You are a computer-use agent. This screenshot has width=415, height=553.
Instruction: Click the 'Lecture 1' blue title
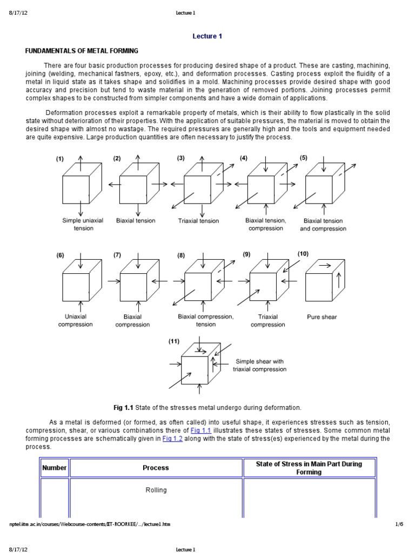(207, 37)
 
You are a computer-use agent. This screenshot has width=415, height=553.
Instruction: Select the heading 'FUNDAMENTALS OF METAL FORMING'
(82, 51)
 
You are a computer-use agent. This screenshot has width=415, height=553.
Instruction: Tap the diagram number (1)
(59, 159)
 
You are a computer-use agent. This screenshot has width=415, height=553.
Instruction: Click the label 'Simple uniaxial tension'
(83, 224)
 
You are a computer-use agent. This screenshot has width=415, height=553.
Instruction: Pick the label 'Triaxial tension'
(199, 221)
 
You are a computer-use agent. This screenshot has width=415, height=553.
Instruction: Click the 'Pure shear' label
(322, 317)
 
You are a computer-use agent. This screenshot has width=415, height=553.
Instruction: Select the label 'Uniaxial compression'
(76, 321)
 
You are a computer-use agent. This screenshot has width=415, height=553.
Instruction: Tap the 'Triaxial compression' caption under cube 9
(267, 321)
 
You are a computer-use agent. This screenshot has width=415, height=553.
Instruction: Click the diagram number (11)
(174, 341)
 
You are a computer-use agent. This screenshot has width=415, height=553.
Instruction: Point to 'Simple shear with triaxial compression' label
(259, 366)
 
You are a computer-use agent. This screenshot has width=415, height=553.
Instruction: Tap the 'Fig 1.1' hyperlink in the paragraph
(201, 430)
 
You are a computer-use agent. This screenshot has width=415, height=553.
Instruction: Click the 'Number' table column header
(55, 468)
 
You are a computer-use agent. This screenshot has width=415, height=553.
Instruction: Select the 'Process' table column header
(156, 468)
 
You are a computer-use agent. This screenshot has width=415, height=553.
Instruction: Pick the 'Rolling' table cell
(156, 490)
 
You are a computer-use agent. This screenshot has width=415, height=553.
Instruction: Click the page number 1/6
(400, 524)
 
